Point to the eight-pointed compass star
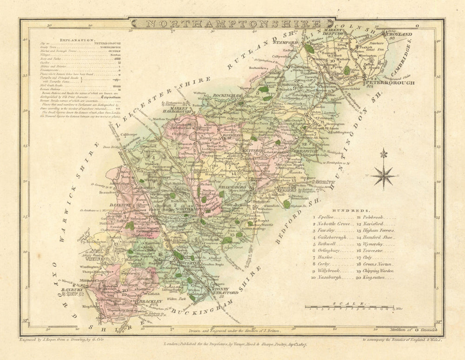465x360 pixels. coord(384,176)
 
